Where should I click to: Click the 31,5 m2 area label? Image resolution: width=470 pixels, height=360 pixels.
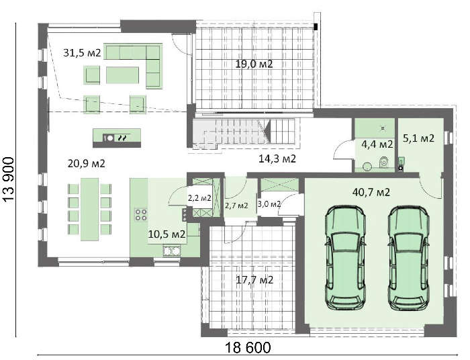pyautogui.click(x=82, y=52)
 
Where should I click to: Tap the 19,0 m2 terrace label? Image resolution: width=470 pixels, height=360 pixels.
pyautogui.click(x=253, y=64)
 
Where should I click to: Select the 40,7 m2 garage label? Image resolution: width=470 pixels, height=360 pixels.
pyautogui.click(x=371, y=192)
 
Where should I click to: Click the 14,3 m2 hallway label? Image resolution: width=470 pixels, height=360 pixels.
pyautogui.click(x=278, y=159)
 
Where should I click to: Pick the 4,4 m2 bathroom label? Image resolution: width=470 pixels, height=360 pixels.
pyautogui.click(x=377, y=144)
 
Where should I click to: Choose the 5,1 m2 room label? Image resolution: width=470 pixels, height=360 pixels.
pyautogui.click(x=418, y=139)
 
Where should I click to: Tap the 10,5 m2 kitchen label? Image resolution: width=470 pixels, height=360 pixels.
pyautogui.click(x=167, y=234)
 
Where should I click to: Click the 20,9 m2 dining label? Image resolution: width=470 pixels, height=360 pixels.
pyautogui.click(x=87, y=163)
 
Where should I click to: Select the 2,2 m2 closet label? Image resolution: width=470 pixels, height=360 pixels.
pyautogui.click(x=199, y=198)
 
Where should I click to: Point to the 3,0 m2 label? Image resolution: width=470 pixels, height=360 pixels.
pyautogui.click(x=269, y=204)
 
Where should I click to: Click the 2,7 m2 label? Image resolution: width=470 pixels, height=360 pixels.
pyautogui.click(x=236, y=205)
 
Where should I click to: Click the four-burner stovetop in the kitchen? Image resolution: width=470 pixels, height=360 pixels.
pyautogui.click(x=142, y=215)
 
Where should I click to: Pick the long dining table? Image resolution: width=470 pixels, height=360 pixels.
pyautogui.click(x=90, y=209)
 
